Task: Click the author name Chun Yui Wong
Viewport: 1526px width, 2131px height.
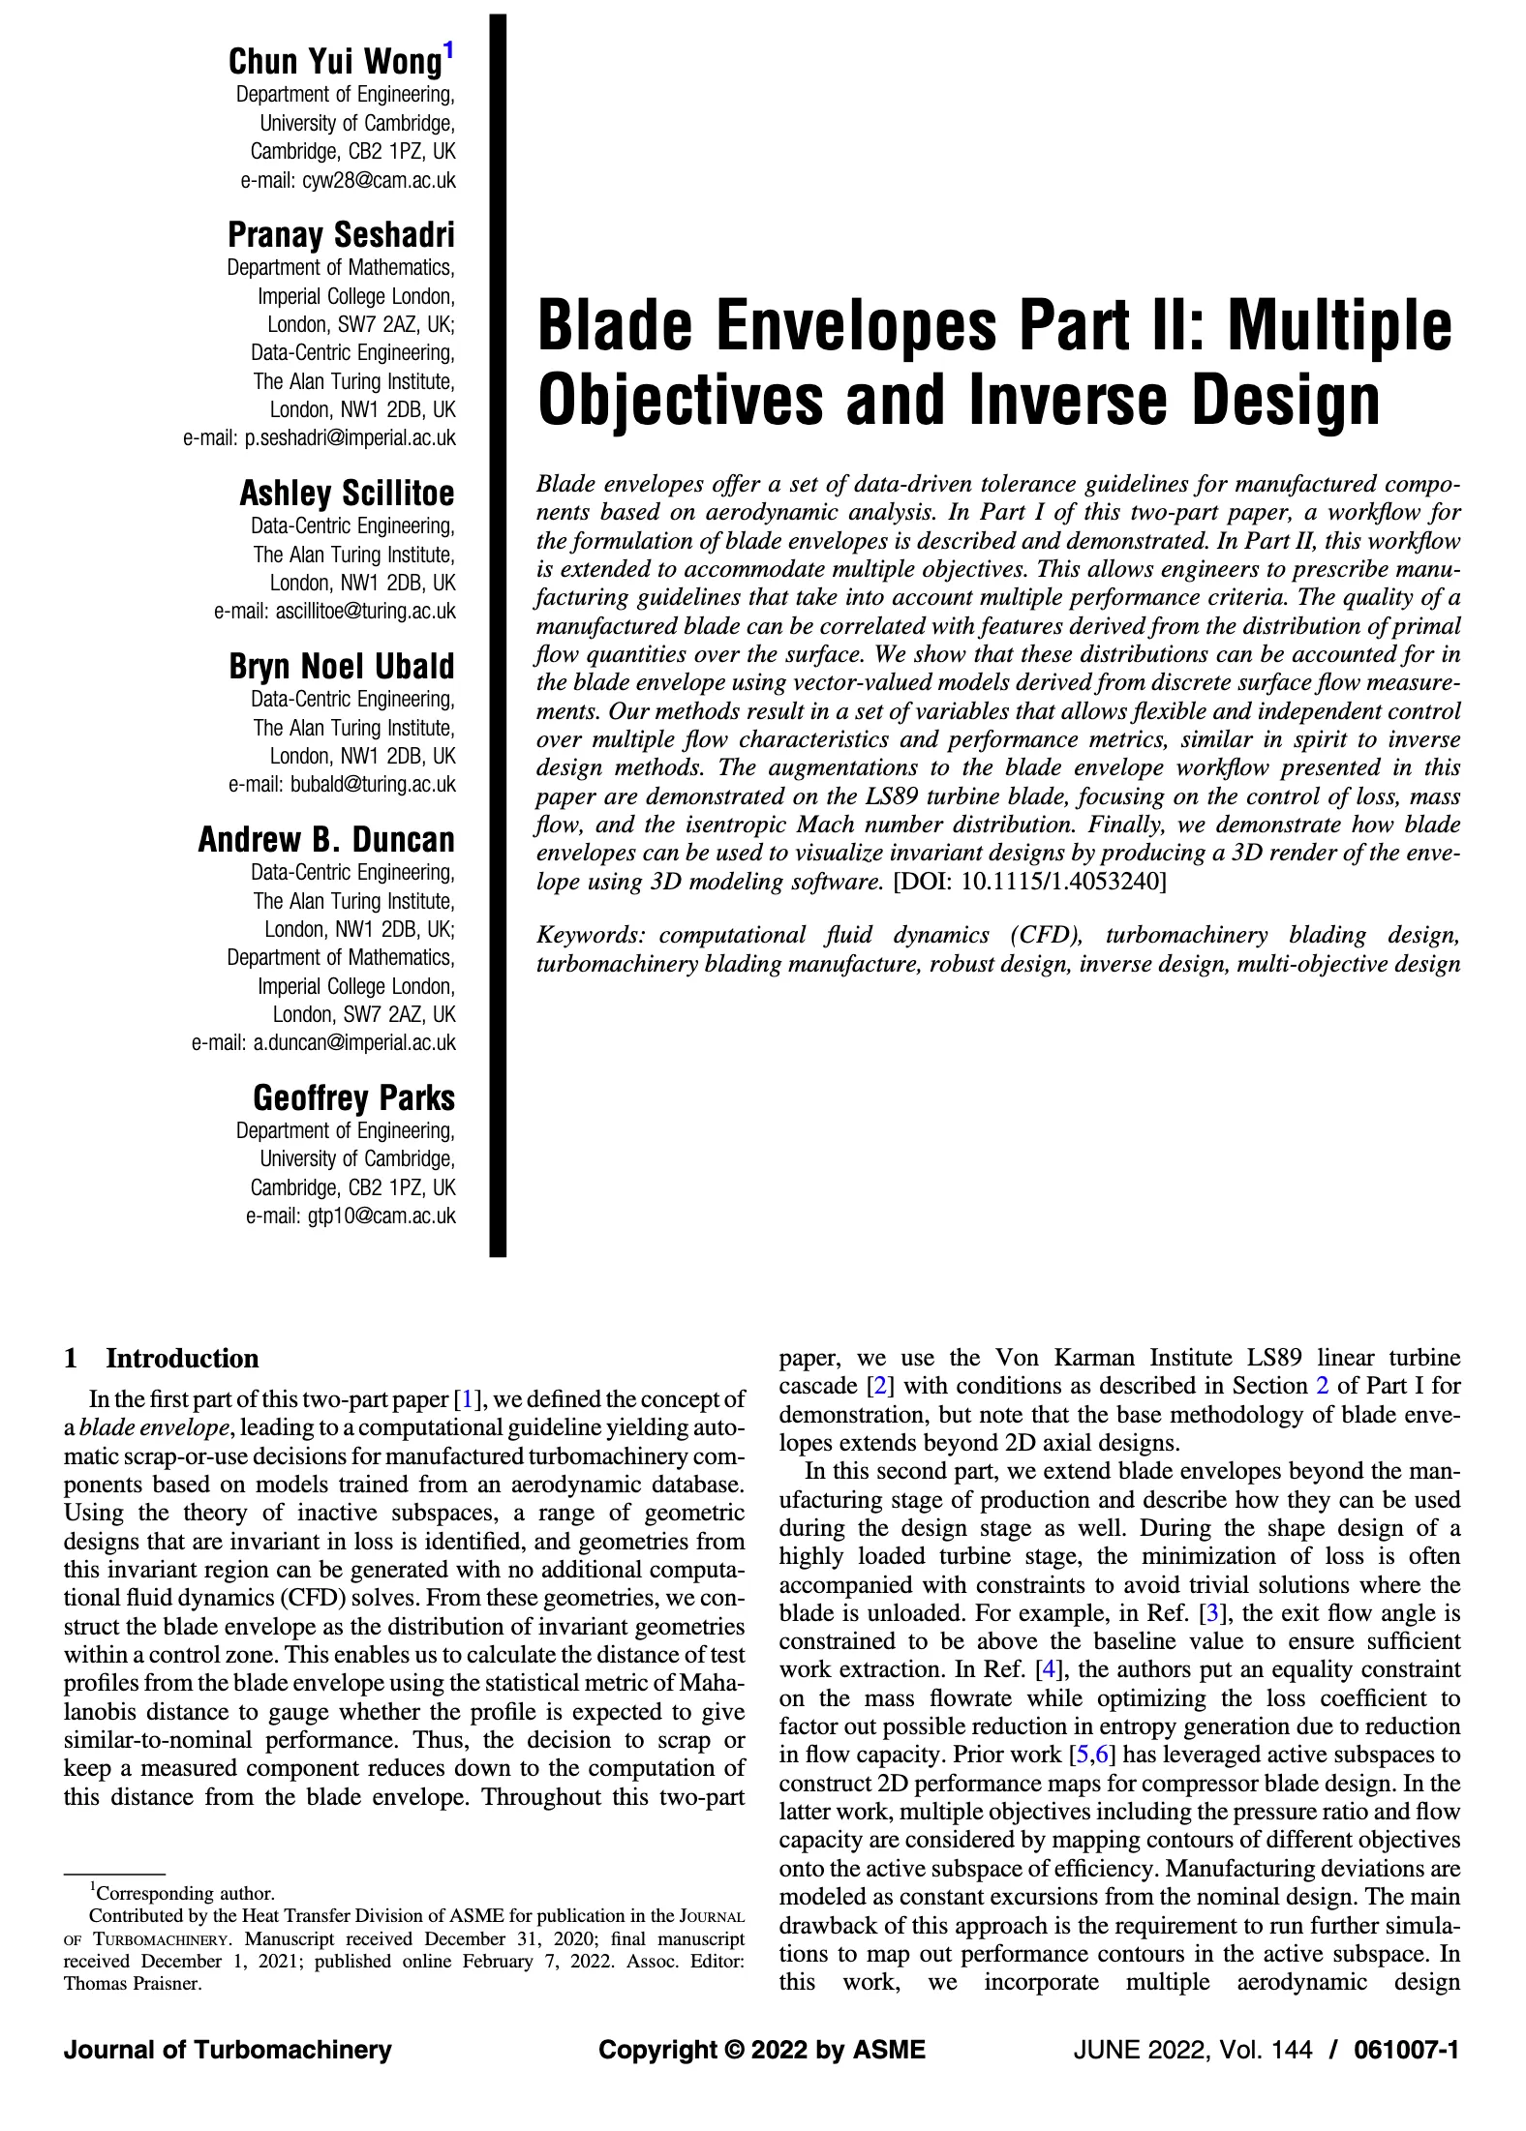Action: (334, 62)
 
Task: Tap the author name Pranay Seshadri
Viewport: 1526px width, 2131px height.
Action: (341, 235)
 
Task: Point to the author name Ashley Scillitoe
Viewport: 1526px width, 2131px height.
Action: (347, 494)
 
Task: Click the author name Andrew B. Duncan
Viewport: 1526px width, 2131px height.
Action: (326, 840)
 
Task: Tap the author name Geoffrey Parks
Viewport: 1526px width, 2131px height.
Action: (353, 1098)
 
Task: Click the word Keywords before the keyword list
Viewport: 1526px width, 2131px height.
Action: (590, 936)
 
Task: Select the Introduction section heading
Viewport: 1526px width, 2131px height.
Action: (182, 1359)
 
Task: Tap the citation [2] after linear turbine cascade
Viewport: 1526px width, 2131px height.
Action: (880, 1386)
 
